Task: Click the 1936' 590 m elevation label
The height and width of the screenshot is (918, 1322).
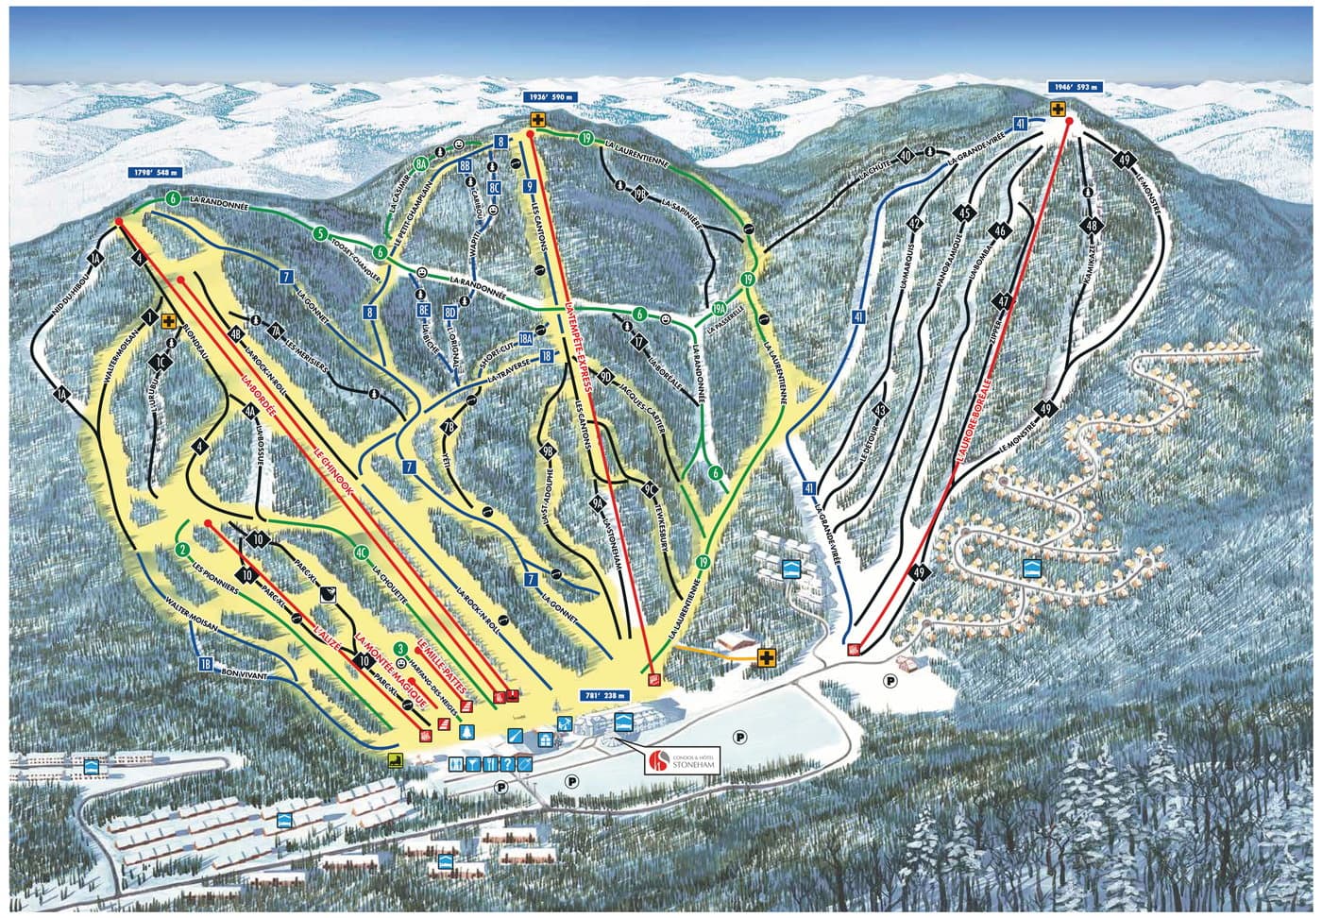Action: pyautogui.click(x=551, y=97)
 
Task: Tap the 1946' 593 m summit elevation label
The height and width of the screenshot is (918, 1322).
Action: pyautogui.click(x=1075, y=87)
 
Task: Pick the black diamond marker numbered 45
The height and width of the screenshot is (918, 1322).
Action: pyautogui.click(x=964, y=212)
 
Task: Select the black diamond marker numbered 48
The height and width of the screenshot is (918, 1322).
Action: pyautogui.click(x=1093, y=226)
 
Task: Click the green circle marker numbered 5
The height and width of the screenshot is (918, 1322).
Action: pyautogui.click(x=321, y=233)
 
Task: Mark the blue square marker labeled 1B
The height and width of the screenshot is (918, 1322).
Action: pyautogui.click(x=205, y=663)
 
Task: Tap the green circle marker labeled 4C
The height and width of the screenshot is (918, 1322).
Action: pyautogui.click(x=360, y=552)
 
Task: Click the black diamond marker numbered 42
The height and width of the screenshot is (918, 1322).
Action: pyautogui.click(x=913, y=223)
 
